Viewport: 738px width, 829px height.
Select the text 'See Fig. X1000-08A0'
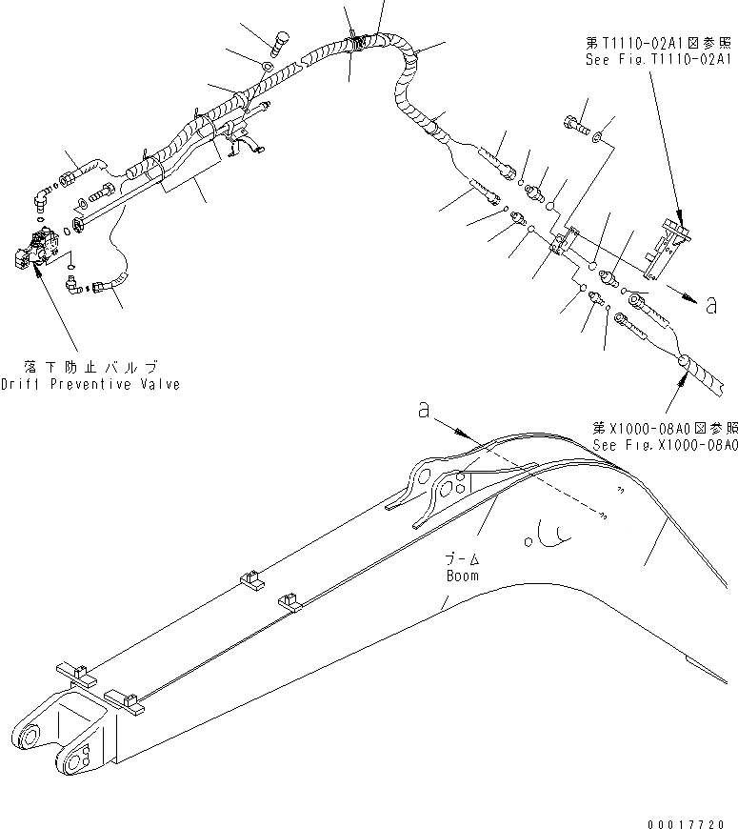click(x=665, y=444)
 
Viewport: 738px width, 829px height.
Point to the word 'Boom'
click(x=463, y=576)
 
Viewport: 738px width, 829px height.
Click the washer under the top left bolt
click(x=269, y=67)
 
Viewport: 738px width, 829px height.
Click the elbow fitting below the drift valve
click(x=73, y=282)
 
